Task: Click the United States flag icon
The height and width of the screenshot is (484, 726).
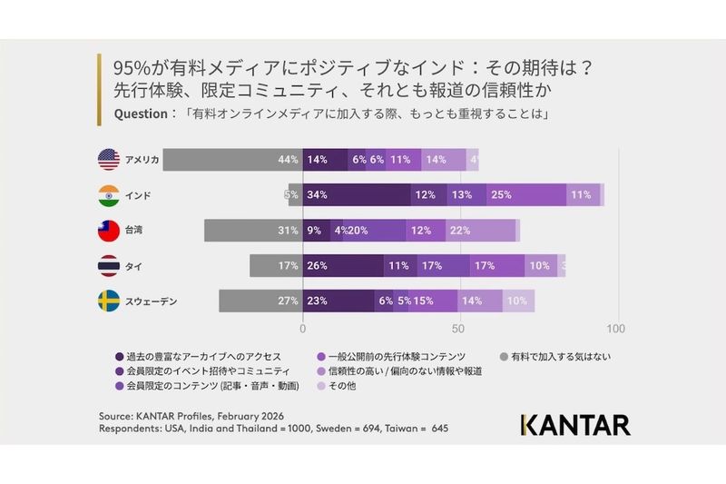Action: (x=109, y=160)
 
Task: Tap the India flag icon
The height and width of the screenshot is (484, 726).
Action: (x=109, y=195)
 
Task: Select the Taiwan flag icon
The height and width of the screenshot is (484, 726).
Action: (x=109, y=231)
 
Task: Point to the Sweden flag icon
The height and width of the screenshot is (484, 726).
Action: (x=109, y=301)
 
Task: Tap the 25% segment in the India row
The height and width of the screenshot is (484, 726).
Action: (x=526, y=195)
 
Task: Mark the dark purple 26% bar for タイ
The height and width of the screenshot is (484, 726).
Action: (x=343, y=266)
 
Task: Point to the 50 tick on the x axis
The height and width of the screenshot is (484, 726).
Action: (x=460, y=328)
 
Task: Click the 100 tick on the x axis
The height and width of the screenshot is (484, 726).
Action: (x=617, y=328)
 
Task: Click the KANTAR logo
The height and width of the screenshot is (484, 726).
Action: (x=575, y=424)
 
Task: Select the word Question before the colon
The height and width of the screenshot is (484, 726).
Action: (x=141, y=114)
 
